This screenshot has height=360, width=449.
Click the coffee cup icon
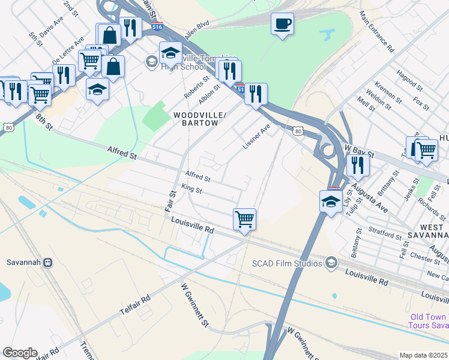[282, 25]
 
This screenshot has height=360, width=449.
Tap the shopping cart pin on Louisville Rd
[244, 219]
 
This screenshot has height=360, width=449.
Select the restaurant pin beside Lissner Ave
[256, 94]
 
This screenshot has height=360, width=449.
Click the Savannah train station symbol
[48, 262]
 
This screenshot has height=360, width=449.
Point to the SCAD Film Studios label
[288, 262]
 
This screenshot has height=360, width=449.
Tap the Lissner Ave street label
[256, 137]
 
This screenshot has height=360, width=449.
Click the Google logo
[20, 353]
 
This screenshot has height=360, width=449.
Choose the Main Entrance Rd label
[376, 30]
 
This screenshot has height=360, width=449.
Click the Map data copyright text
[423, 355]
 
